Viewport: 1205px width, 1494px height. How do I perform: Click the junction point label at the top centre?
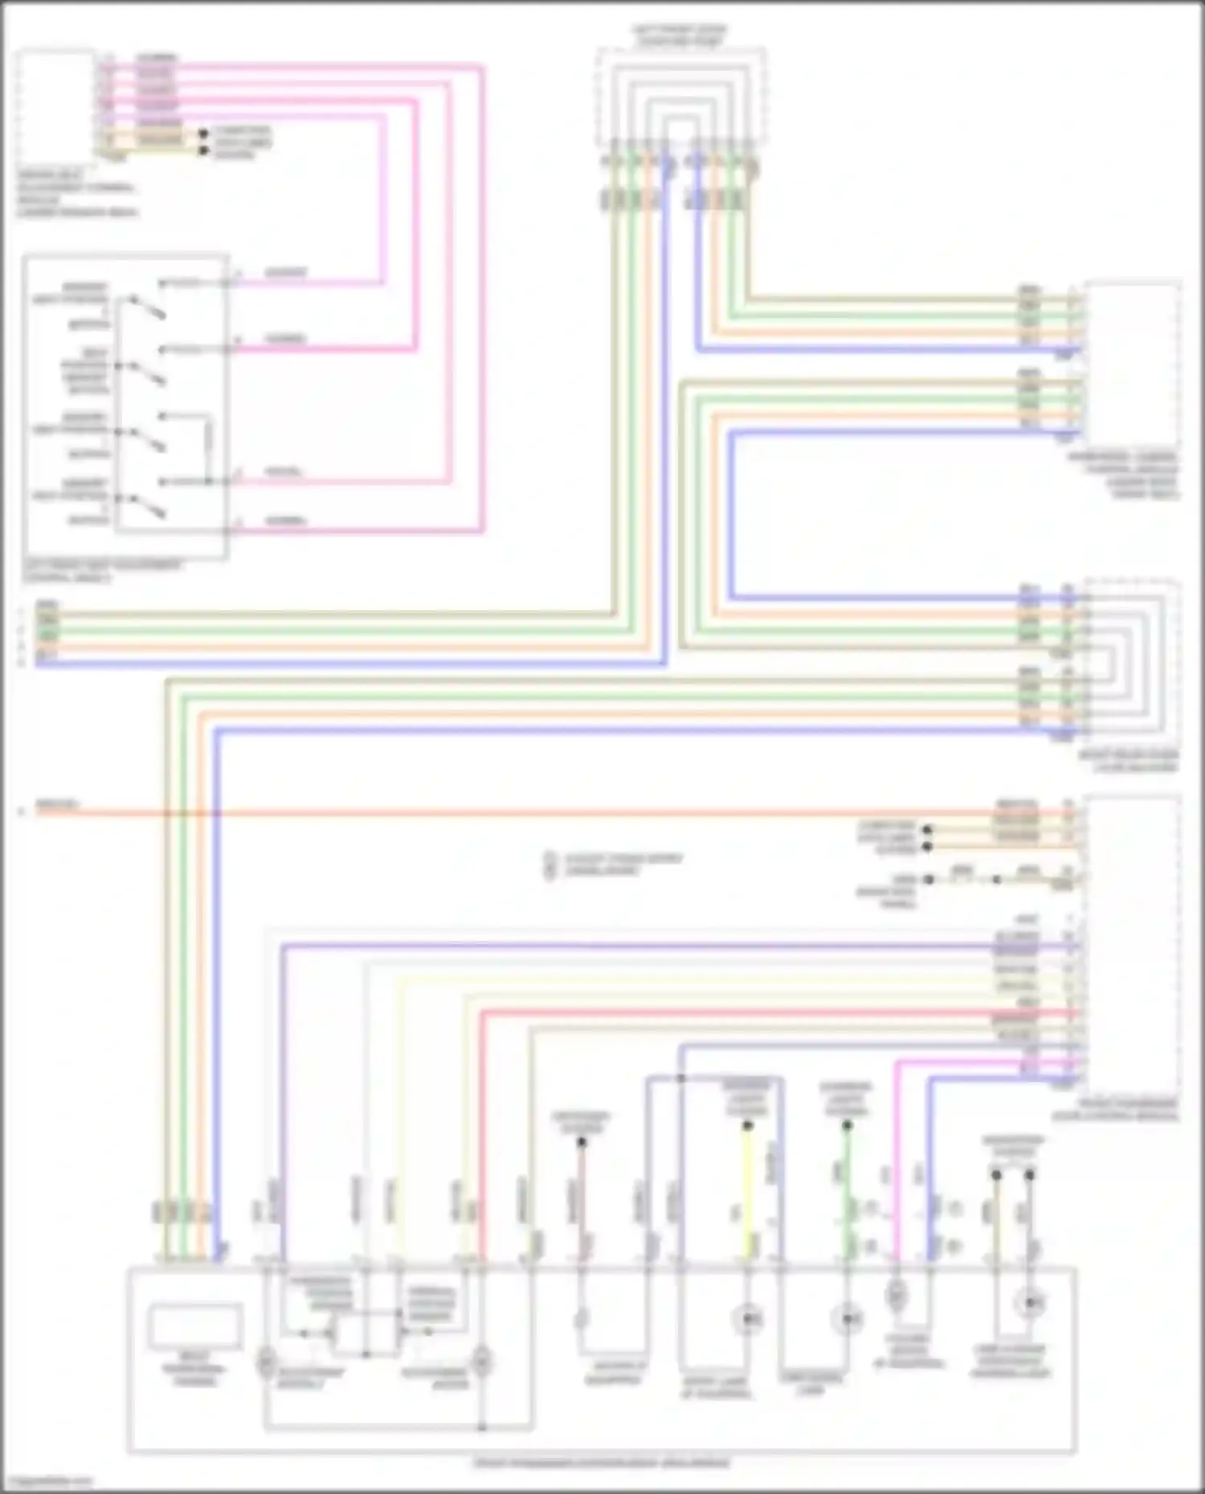coord(680,35)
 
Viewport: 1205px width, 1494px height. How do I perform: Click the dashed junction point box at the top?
coord(680,96)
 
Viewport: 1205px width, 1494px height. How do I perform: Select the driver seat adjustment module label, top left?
coord(77,193)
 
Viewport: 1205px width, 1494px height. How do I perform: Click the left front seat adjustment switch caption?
coord(102,572)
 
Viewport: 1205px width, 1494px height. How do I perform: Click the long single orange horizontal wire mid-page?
coord(562,812)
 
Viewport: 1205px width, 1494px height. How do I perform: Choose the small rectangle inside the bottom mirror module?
coord(194,1325)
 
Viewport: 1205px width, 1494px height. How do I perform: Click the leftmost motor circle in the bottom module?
coord(266,1362)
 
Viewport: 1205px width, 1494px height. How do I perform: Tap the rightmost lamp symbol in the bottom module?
coord(1029,1304)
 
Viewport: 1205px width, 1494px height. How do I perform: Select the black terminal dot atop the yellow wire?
coord(747,1126)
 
